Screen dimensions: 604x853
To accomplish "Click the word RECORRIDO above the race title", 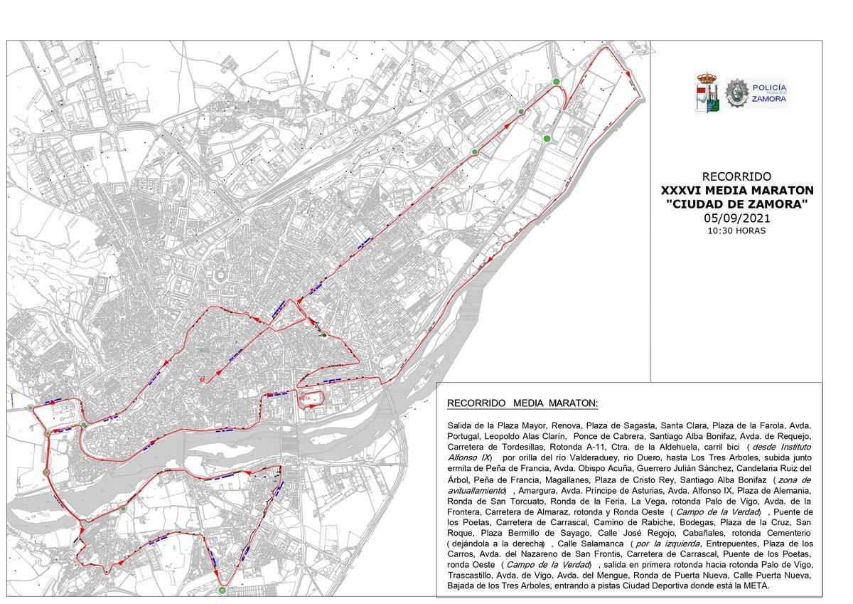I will click(x=736, y=176).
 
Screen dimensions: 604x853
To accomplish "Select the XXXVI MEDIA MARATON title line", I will click(x=737, y=191).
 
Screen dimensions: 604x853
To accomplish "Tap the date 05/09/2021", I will click(x=736, y=218).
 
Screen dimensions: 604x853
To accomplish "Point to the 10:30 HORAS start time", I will click(x=736, y=231).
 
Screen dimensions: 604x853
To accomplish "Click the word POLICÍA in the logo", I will click(x=769, y=86).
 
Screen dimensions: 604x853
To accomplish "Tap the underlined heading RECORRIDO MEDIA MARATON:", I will click(x=522, y=403).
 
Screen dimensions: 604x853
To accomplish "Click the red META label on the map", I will click(x=306, y=398).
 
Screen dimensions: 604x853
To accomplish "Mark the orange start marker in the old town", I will click(x=203, y=380).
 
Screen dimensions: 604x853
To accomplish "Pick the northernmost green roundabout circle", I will click(x=557, y=81).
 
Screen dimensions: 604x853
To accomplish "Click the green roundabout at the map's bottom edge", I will click(x=222, y=590).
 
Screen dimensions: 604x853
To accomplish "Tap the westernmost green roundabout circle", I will click(x=31, y=408).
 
